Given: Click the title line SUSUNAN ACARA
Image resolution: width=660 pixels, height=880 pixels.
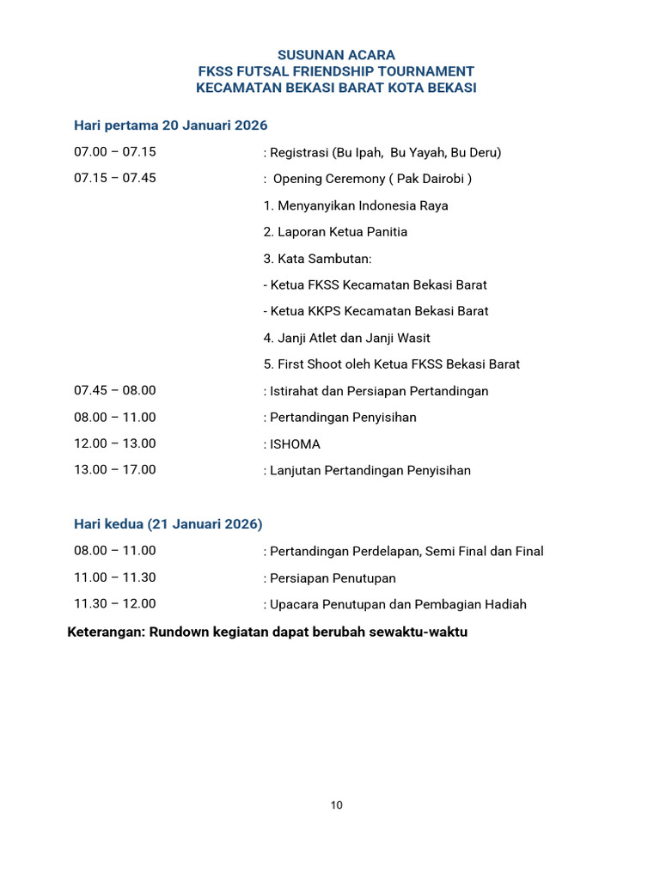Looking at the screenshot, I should tap(336, 55).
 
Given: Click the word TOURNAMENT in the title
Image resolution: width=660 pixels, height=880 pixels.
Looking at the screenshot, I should tap(427, 71).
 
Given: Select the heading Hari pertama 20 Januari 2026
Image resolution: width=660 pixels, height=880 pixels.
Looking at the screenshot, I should tap(171, 125).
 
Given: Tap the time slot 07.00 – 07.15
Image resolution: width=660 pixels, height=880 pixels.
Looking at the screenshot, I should tap(115, 152).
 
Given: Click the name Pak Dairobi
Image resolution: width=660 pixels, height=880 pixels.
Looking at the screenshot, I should tap(434, 179).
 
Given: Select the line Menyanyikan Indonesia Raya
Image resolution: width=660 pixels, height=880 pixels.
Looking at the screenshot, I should tap(356, 205).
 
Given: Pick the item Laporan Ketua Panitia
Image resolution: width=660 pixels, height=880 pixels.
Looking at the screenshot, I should tap(335, 232).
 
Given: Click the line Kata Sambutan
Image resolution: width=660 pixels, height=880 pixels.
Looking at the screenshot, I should tap(318, 259).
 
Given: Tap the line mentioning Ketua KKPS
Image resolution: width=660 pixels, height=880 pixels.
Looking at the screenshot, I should tap(376, 311).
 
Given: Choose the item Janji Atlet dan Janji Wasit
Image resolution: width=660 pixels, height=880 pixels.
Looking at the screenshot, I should tap(347, 338).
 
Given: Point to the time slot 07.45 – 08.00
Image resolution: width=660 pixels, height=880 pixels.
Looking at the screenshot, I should tap(115, 390).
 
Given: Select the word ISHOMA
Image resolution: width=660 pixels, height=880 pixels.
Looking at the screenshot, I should tap(295, 444).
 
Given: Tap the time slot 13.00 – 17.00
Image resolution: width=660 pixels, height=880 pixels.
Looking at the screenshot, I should tap(115, 469).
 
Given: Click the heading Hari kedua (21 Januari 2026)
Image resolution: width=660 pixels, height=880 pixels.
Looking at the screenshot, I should tap(168, 523).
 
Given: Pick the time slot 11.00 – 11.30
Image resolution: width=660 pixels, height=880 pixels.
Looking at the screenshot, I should tap(115, 577).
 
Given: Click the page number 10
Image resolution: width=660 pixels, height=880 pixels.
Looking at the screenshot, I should tap(336, 805).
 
